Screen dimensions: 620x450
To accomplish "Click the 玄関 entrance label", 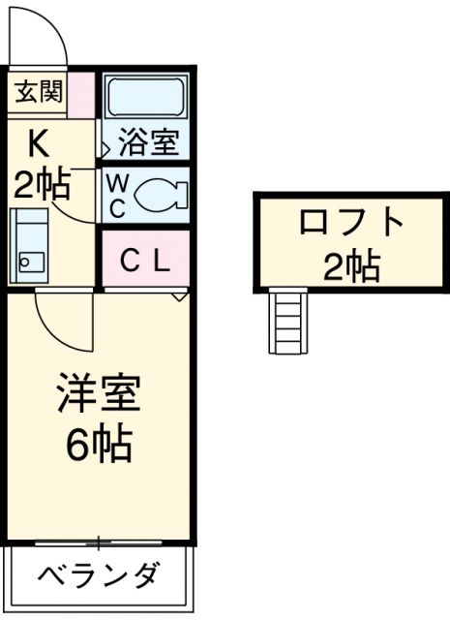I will [x=38, y=92].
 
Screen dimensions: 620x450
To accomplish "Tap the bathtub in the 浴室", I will [x=146, y=98].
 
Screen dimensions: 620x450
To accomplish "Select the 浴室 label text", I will [x=148, y=144].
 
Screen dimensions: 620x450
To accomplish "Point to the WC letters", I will [x=115, y=195].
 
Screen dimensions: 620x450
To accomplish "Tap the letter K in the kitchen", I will [x=38, y=142].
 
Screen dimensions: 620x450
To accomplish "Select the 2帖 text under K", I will [x=41, y=183].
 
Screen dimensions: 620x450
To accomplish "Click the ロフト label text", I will [x=350, y=223].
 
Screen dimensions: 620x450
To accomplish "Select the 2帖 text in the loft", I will [x=350, y=265].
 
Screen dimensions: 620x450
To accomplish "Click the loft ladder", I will [x=289, y=323].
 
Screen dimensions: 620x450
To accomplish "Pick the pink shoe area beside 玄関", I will [x=82, y=93].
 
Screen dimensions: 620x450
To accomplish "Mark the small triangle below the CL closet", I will [x=179, y=294].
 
